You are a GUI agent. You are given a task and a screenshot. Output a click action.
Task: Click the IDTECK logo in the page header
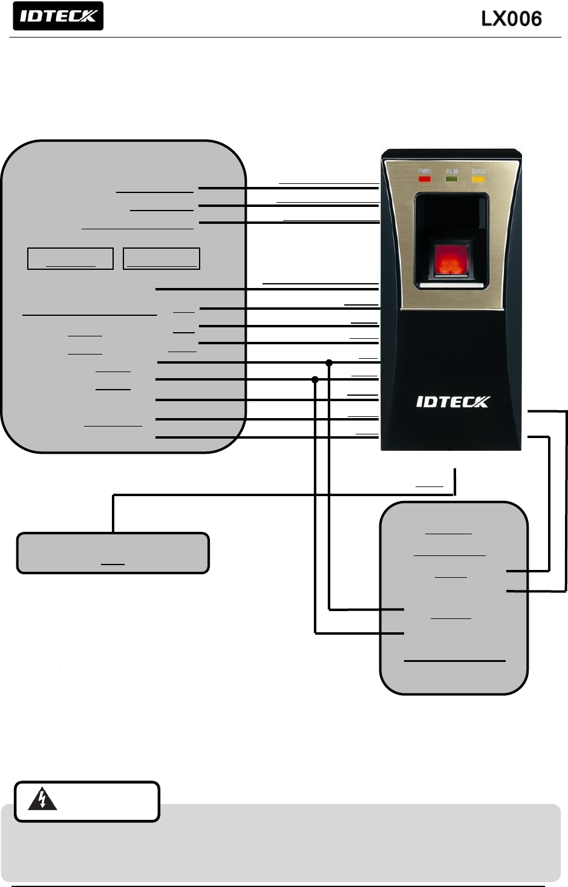tap(58, 16)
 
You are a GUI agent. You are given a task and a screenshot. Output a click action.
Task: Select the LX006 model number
tap(511, 19)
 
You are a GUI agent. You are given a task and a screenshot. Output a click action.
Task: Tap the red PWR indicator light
tap(425, 179)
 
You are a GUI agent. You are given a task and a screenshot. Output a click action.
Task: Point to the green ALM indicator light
tap(451, 179)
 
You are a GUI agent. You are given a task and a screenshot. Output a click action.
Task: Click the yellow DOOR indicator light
tap(478, 179)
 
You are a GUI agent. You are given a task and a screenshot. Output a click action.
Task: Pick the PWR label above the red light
tap(425, 172)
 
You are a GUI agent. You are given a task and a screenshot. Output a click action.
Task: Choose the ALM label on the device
tap(451, 172)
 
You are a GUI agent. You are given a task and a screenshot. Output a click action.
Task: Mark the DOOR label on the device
tap(478, 172)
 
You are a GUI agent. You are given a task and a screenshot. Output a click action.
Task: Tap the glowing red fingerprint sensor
tap(451, 261)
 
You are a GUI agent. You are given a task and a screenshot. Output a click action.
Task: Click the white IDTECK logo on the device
tap(452, 402)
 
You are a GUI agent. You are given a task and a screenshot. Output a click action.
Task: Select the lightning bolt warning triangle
tap(42, 799)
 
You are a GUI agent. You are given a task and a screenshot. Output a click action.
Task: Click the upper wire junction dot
tap(329, 363)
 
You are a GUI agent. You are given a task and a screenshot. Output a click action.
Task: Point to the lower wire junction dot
tap(315, 380)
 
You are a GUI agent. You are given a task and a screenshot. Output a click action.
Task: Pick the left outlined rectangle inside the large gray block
tap(70, 258)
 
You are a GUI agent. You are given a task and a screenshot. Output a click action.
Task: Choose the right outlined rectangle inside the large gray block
tap(161, 258)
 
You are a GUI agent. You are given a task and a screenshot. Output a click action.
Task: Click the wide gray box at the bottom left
tap(113, 553)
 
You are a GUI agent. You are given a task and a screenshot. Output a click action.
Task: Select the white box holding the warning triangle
tap(87, 801)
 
